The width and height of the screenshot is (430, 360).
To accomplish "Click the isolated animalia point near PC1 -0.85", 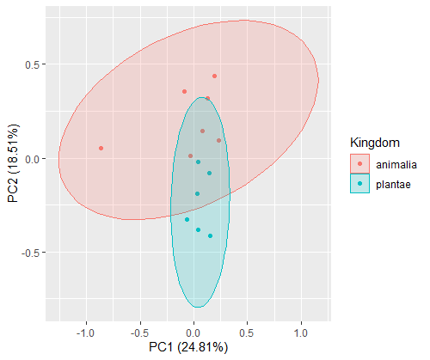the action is pos(101,149).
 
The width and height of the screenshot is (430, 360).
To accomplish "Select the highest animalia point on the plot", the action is pos(214,76).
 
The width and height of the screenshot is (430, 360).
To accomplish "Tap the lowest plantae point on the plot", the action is pos(210,236).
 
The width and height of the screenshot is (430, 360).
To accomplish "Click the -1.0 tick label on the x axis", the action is pos(86,333).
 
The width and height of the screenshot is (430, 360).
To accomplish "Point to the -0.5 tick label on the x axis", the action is pos(139,333).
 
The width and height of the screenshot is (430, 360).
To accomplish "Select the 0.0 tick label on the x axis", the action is pos(193,333).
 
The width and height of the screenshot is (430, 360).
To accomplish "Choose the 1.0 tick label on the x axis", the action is pos(301,333).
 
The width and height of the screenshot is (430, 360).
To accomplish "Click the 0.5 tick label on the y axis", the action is pos(32,64).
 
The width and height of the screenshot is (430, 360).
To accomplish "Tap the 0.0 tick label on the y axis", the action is pos(32,159).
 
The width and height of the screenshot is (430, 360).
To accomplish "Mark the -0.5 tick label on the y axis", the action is pos(30,253).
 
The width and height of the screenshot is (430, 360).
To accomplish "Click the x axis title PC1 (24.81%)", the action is pos(188,348).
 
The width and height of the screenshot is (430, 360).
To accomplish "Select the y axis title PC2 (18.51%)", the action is pos(13,163).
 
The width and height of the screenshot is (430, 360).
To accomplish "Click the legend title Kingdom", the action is pos(375,143).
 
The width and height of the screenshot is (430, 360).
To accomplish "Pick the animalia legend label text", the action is pos(396,165).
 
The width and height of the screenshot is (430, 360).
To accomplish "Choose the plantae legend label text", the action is pos(393,185).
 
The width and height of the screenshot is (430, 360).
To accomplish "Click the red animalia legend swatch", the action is pos(359,164).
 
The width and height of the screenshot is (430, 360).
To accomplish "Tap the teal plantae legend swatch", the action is pos(359,184).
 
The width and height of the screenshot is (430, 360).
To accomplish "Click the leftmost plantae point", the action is pos(187,220).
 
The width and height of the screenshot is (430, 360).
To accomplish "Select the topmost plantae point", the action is pos(198,162).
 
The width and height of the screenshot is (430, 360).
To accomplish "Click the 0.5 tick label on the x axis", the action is pos(247,333).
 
